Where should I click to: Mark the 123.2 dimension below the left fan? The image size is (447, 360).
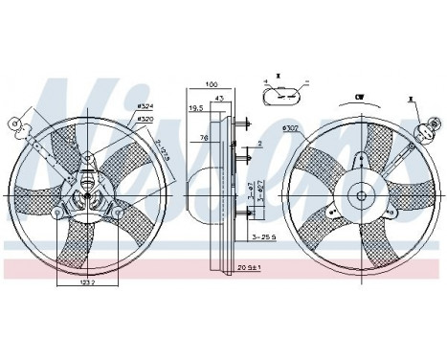(87, 283)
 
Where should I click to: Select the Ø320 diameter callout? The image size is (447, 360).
(145, 120)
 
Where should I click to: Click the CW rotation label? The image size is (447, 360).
(359, 97)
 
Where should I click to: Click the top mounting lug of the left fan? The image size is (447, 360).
(86, 161)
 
